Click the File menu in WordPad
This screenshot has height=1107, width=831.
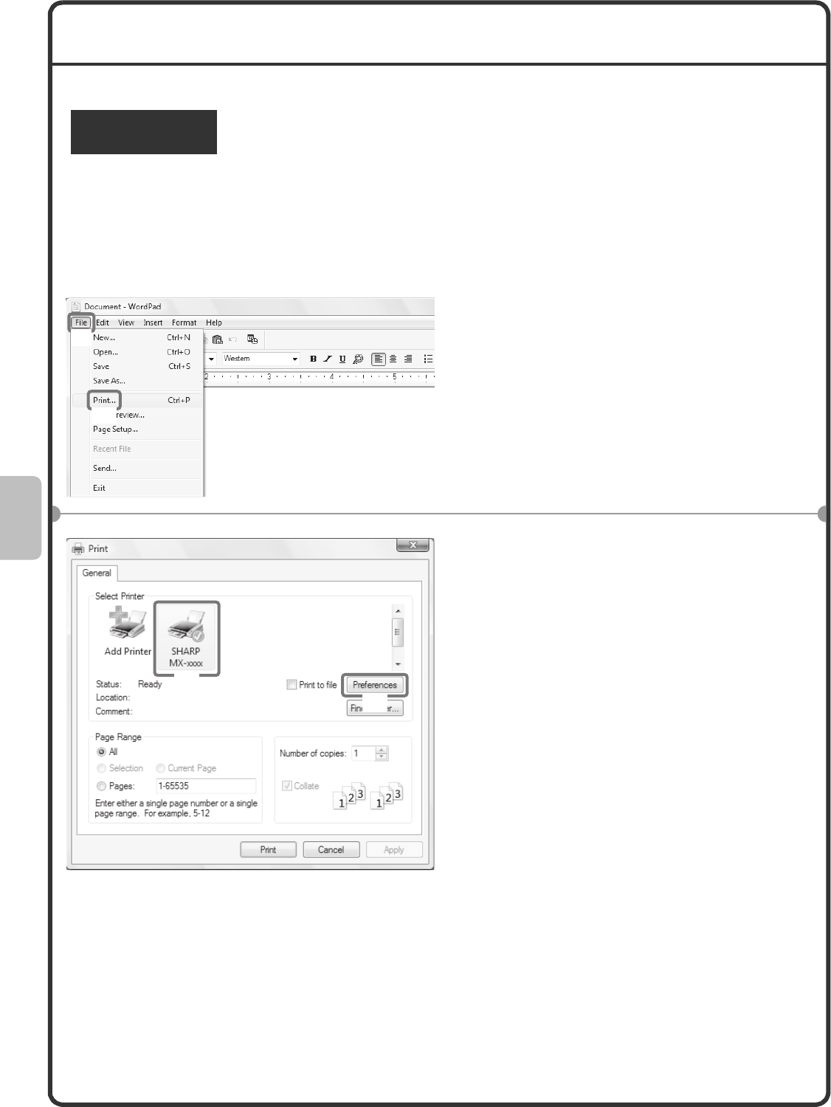80,323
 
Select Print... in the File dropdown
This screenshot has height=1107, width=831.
104,400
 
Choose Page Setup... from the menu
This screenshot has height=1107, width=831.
115,430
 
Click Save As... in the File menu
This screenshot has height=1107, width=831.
109,381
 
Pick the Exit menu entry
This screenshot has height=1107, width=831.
99,488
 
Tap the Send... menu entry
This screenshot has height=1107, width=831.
104,468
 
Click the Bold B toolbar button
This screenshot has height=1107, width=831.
313,359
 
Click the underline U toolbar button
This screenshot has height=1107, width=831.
342,359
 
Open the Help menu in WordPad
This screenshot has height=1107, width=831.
214,323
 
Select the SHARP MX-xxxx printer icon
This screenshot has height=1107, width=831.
187,638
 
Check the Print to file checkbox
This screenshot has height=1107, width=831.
292,684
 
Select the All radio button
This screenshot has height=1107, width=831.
101,752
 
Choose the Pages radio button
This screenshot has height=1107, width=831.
101,786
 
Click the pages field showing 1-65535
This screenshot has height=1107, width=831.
206,786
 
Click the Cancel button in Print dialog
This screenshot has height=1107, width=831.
331,849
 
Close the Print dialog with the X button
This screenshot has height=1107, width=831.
413,545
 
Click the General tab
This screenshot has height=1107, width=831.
97,573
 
